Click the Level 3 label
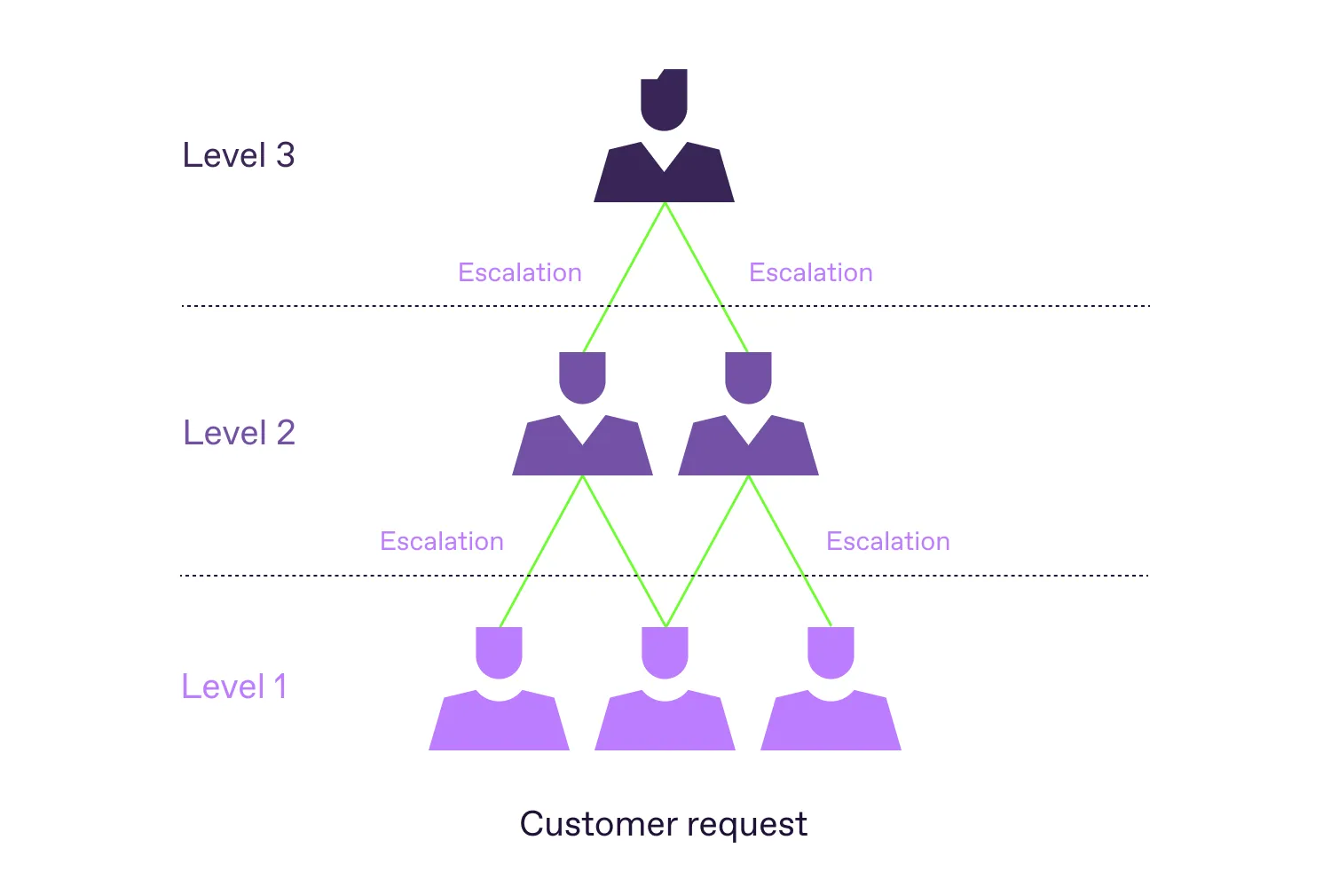pos(238,155)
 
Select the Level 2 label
pos(239,433)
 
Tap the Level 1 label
pos(234,687)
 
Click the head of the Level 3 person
pos(664,99)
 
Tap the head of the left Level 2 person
pos(582,376)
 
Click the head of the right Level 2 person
pos(748,376)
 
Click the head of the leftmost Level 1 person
pos(499,651)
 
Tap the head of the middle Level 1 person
pos(665,651)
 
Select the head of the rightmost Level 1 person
pos(831,651)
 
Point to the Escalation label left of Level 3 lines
pos(520,272)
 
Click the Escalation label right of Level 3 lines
pos(811,272)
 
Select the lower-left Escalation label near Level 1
pos(442,541)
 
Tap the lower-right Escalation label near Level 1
pos(888,541)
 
